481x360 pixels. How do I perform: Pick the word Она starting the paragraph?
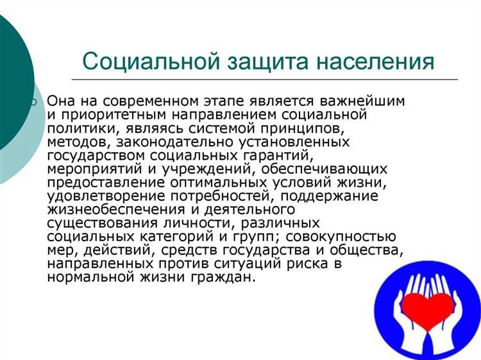click(62, 102)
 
